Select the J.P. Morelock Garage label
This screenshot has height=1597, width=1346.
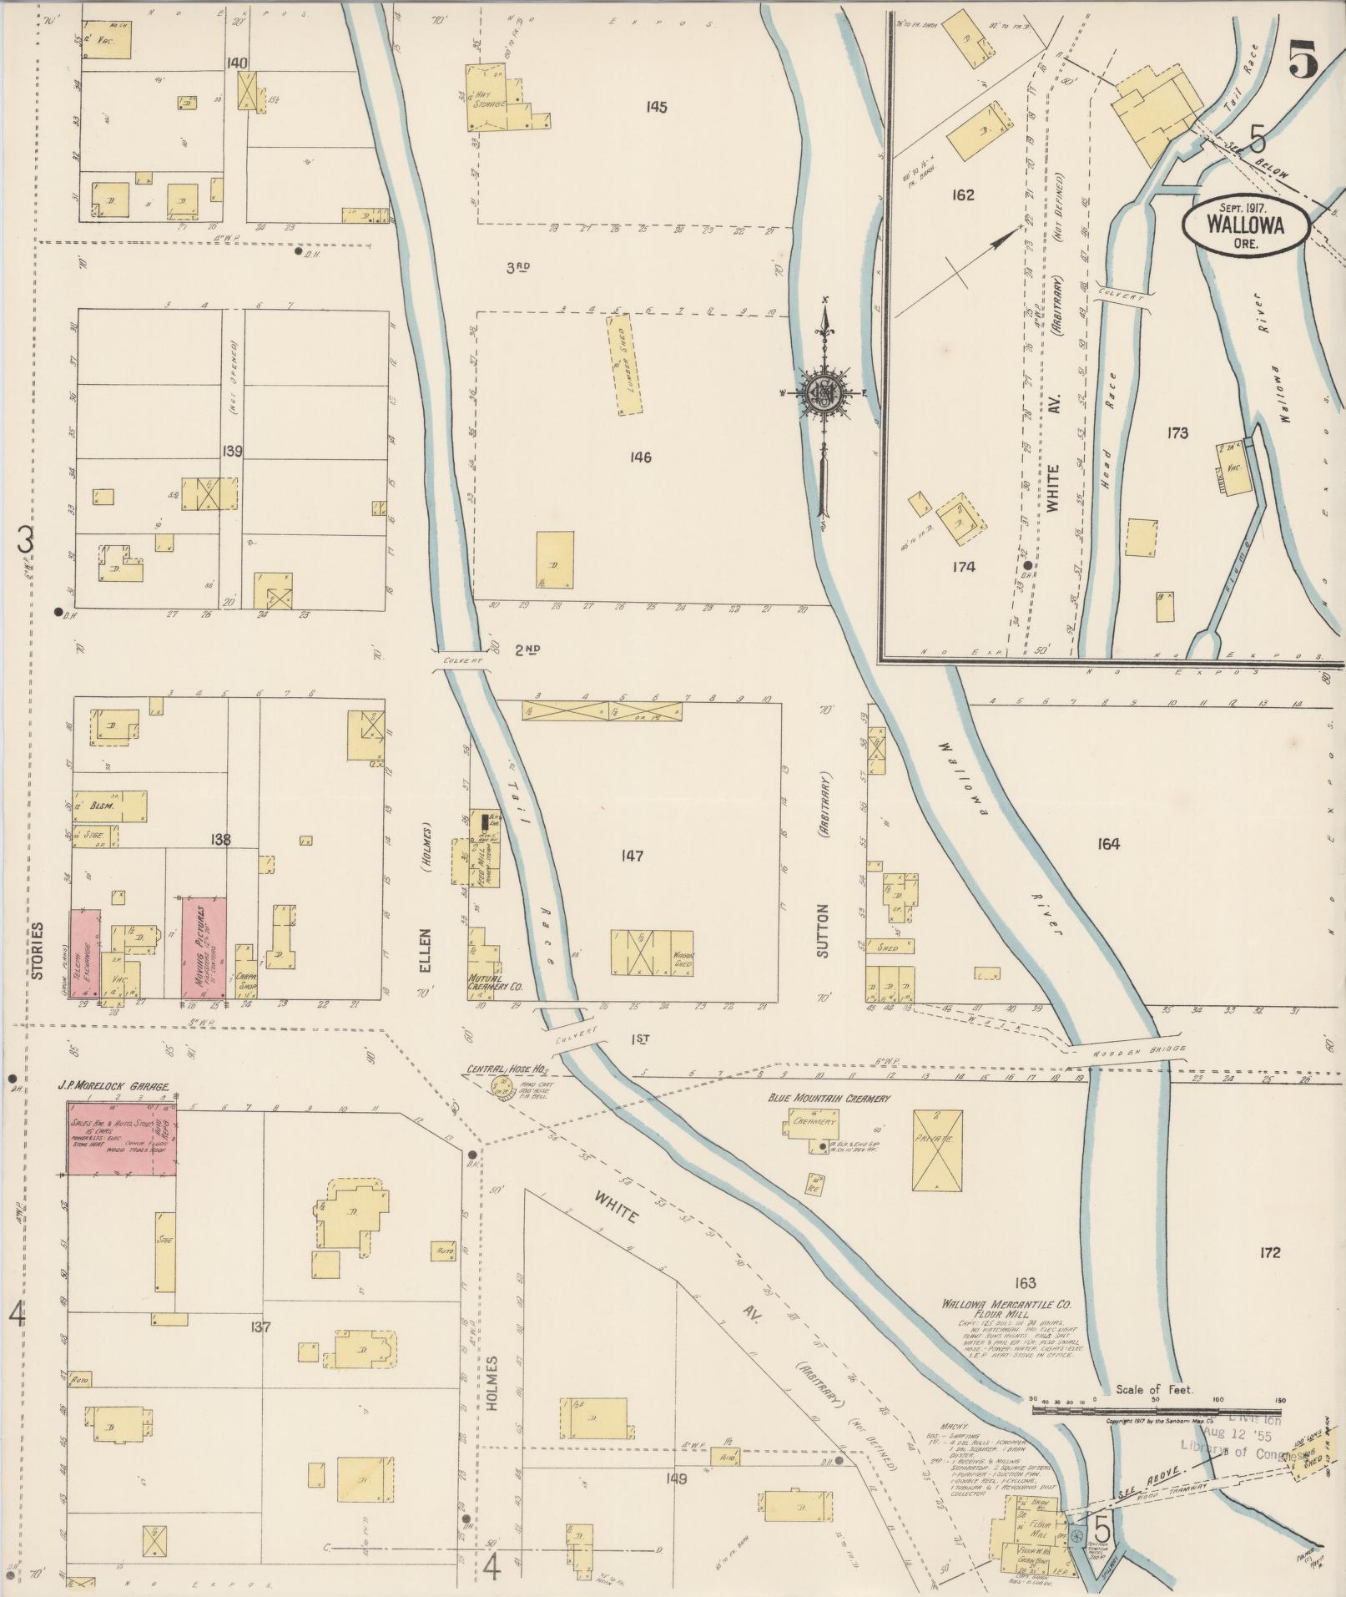pyautogui.click(x=113, y=1087)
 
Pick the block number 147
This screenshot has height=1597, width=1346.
pyautogui.click(x=632, y=856)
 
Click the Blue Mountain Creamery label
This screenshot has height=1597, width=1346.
pyautogui.click(x=829, y=1099)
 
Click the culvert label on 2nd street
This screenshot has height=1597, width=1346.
pyautogui.click(x=459, y=660)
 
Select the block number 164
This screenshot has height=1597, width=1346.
pyautogui.click(x=1108, y=844)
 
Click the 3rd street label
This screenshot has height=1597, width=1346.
pyautogui.click(x=518, y=267)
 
